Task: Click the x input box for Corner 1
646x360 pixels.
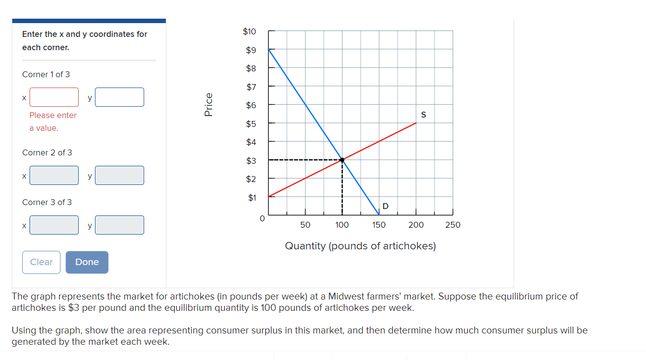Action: (x=54, y=97)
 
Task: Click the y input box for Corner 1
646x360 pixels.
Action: (x=120, y=97)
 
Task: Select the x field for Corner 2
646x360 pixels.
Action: (x=54, y=175)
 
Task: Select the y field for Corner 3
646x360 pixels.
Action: (x=120, y=225)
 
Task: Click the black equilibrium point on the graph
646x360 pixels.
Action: (x=342, y=160)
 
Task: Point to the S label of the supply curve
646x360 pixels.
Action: (x=423, y=115)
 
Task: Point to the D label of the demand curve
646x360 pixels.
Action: (x=385, y=206)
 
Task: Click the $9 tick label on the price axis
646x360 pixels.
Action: (x=251, y=50)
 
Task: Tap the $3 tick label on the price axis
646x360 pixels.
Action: (x=251, y=160)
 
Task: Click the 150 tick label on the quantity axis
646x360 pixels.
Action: (x=379, y=225)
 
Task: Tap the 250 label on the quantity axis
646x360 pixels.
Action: (x=453, y=225)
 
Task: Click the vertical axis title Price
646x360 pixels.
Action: (x=208, y=104)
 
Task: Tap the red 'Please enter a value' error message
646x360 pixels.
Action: (x=53, y=121)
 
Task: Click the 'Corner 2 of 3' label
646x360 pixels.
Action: (x=47, y=152)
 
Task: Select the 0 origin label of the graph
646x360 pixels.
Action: (x=262, y=218)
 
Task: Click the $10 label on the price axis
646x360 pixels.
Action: (x=249, y=31)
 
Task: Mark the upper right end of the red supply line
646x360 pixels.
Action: (x=416, y=123)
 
